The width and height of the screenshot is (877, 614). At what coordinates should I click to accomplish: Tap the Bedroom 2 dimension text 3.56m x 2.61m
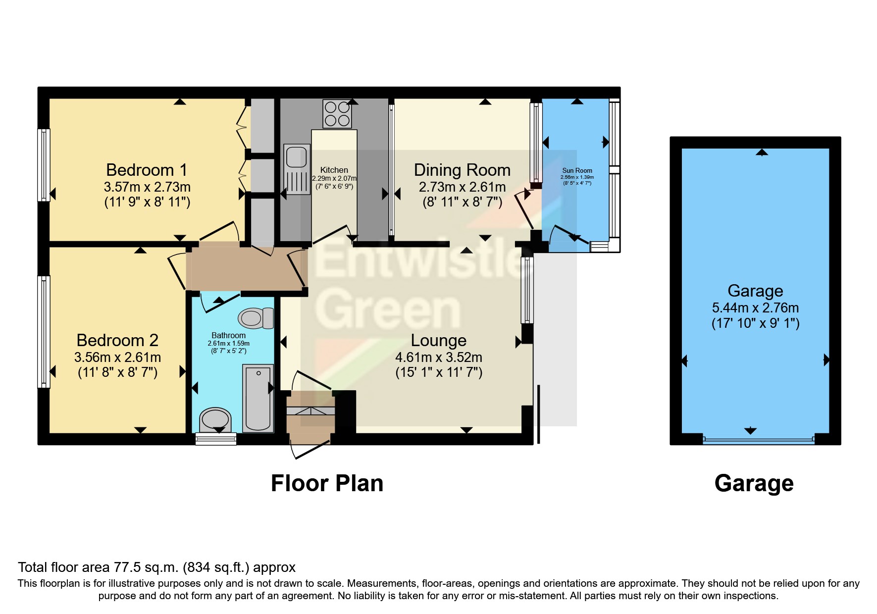click(117, 357)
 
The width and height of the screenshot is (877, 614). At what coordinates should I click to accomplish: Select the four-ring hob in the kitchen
click(337, 113)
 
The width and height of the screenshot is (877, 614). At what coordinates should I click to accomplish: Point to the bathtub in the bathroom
click(258, 398)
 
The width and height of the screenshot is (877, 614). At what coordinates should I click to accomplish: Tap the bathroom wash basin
click(215, 419)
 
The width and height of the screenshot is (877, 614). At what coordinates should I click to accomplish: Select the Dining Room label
click(462, 170)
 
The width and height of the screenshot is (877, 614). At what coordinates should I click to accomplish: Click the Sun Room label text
click(577, 170)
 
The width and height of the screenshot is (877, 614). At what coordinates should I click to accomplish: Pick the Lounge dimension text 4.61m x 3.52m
click(438, 357)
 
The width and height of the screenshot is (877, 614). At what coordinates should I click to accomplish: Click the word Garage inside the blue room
click(755, 291)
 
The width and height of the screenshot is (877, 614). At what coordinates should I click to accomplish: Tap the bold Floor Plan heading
click(327, 483)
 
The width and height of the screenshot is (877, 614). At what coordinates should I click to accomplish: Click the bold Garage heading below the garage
click(754, 483)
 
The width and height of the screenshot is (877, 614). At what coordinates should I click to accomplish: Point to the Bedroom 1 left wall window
click(44, 165)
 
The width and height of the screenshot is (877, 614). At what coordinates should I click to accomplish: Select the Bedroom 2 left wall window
click(44, 331)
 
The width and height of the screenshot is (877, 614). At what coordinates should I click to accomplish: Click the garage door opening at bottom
click(758, 440)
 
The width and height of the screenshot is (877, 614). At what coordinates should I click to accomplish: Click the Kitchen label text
click(334, 170)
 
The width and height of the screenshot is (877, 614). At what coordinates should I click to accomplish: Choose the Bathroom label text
click(228, 335)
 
